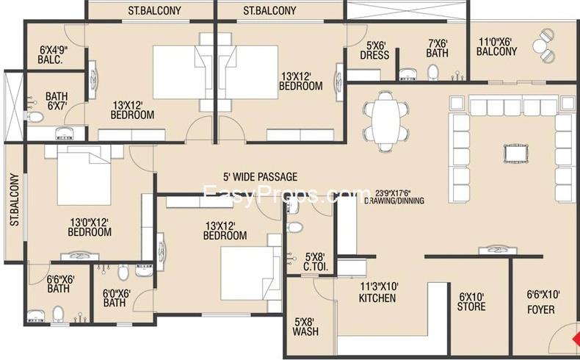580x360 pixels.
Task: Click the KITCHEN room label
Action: point(377,298)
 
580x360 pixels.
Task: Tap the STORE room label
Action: point(471,306)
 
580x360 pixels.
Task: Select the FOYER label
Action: point(541,310)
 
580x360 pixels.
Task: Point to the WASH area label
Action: point(305,331)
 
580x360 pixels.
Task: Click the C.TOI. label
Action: point(316,267)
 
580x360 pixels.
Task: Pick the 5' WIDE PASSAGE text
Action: point(260,177)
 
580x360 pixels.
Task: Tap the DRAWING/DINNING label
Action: point(394,201)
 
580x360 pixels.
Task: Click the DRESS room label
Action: point(374,55)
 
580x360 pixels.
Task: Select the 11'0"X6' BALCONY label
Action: point(496,46)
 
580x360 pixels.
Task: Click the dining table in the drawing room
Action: point(386,121)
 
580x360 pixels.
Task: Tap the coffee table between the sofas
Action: point(516,153)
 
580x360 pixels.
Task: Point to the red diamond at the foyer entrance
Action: point(576,339)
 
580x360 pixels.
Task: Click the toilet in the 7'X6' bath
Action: point(432,73)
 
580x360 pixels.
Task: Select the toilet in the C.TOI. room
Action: point(296,228)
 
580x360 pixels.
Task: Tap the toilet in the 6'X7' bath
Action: point(35,117)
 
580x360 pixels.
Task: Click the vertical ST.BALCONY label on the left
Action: point(15,200)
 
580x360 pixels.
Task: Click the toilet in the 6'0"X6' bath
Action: point(123,273)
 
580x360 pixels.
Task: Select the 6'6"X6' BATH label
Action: point(60,284)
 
